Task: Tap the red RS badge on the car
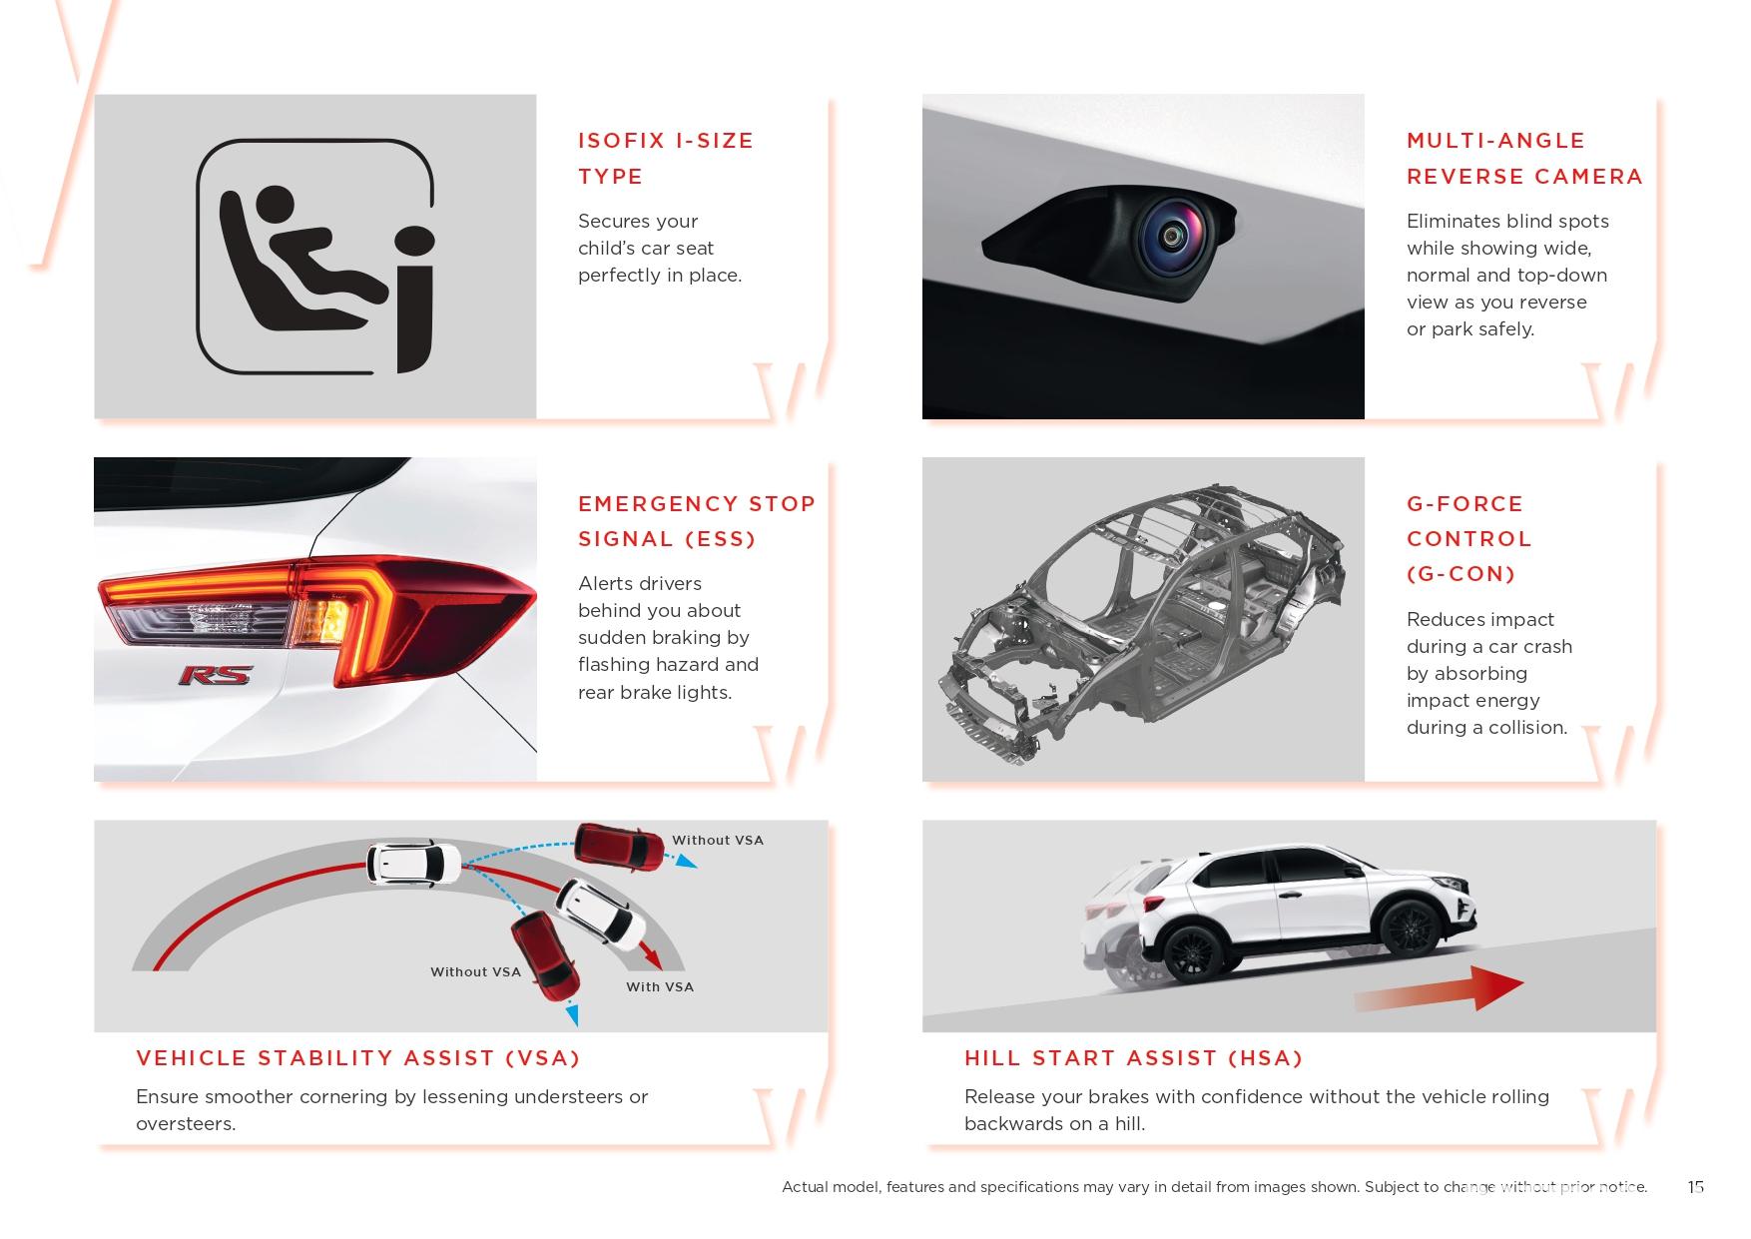215,676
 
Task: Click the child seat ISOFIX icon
315,257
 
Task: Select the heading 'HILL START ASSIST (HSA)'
1133,1058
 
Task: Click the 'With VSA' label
660,986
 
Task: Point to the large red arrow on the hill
1439,988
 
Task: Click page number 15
1695,1187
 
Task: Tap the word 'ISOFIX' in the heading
622,141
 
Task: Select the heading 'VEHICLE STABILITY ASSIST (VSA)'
357,1058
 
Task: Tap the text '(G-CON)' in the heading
1460,574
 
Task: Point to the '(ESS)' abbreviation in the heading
721,539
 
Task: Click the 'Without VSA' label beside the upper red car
718,841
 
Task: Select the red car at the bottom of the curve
545,955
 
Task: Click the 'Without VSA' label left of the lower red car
475,971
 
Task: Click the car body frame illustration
1142,621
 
